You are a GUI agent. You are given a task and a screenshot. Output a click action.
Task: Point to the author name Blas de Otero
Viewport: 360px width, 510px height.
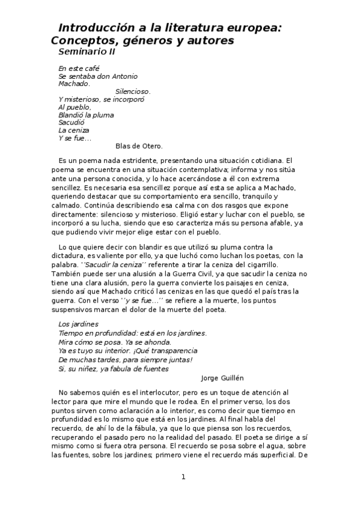point(138,146)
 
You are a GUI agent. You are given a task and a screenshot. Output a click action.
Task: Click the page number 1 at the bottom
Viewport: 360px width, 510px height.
point(183,477)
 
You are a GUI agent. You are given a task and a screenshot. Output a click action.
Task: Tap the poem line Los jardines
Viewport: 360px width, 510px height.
point(78,324)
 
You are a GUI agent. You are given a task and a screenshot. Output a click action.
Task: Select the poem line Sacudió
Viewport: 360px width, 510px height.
point(72,122)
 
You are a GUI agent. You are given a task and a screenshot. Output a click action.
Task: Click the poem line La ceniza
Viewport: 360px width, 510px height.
point(73,130)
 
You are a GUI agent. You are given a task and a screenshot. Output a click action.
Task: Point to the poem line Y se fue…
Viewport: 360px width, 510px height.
point(75,138)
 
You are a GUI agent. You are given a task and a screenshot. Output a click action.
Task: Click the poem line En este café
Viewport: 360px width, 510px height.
point(79,69)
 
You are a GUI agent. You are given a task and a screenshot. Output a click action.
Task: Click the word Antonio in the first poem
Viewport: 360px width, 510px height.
point(123,76)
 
